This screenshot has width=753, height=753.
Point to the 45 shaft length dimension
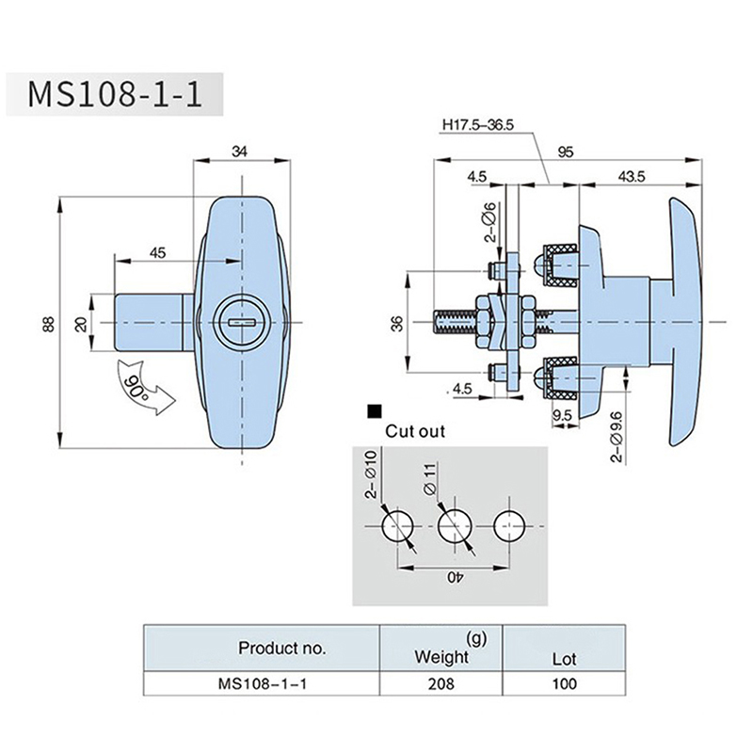(157, 251)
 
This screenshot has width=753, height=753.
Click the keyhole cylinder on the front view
(242, 322)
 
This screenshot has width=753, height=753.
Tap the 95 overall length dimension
(566, 150)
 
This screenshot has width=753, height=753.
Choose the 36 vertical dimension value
(398, 323)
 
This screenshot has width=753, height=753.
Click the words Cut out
(415, 432)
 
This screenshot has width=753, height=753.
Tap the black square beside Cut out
(375, 411)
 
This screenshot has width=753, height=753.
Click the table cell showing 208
(440, 684)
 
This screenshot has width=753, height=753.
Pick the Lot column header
(564, 660)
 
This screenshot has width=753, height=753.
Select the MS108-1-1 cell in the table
(261, 684)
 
